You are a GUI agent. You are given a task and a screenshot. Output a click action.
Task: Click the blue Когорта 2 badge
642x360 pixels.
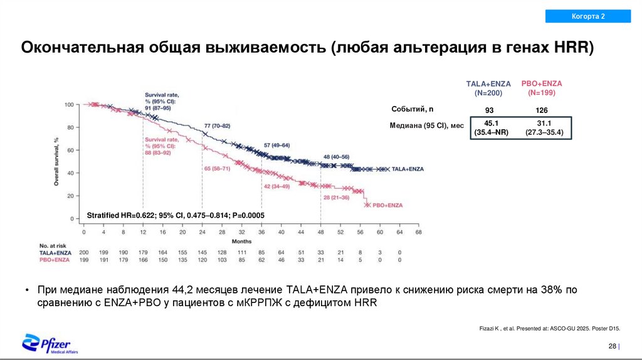click(587, 16)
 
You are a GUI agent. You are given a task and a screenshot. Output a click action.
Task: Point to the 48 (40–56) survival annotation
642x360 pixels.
click(336, 156)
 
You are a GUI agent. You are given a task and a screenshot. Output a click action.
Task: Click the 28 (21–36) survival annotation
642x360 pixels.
click(336, 198)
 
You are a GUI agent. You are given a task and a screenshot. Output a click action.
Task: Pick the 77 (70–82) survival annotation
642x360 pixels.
click(218, 125)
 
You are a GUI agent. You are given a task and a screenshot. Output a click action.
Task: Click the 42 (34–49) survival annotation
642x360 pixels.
click(276, 186)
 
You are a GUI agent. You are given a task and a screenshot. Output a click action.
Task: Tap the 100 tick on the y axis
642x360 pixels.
click(68, 104)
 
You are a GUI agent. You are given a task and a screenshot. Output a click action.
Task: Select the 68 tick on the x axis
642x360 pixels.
click(419, 232)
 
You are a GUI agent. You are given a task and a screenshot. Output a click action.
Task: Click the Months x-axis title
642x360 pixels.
click(241, 241)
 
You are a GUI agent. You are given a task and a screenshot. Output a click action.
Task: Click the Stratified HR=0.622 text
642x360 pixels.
click(176, 215)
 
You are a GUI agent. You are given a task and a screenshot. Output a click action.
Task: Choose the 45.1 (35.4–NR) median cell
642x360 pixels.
click(491, 127)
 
